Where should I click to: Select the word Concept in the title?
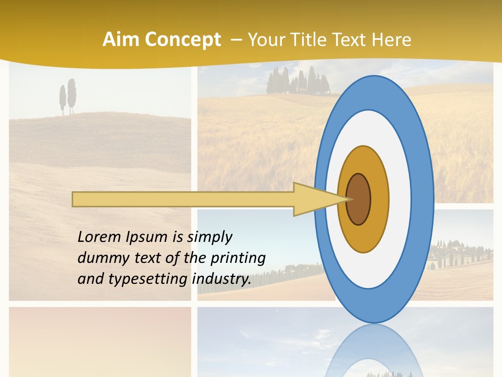click(x=182, y=40)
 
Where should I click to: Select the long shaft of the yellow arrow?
click(x=183, y=199)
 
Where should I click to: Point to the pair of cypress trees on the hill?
click(x=67, y=97)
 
